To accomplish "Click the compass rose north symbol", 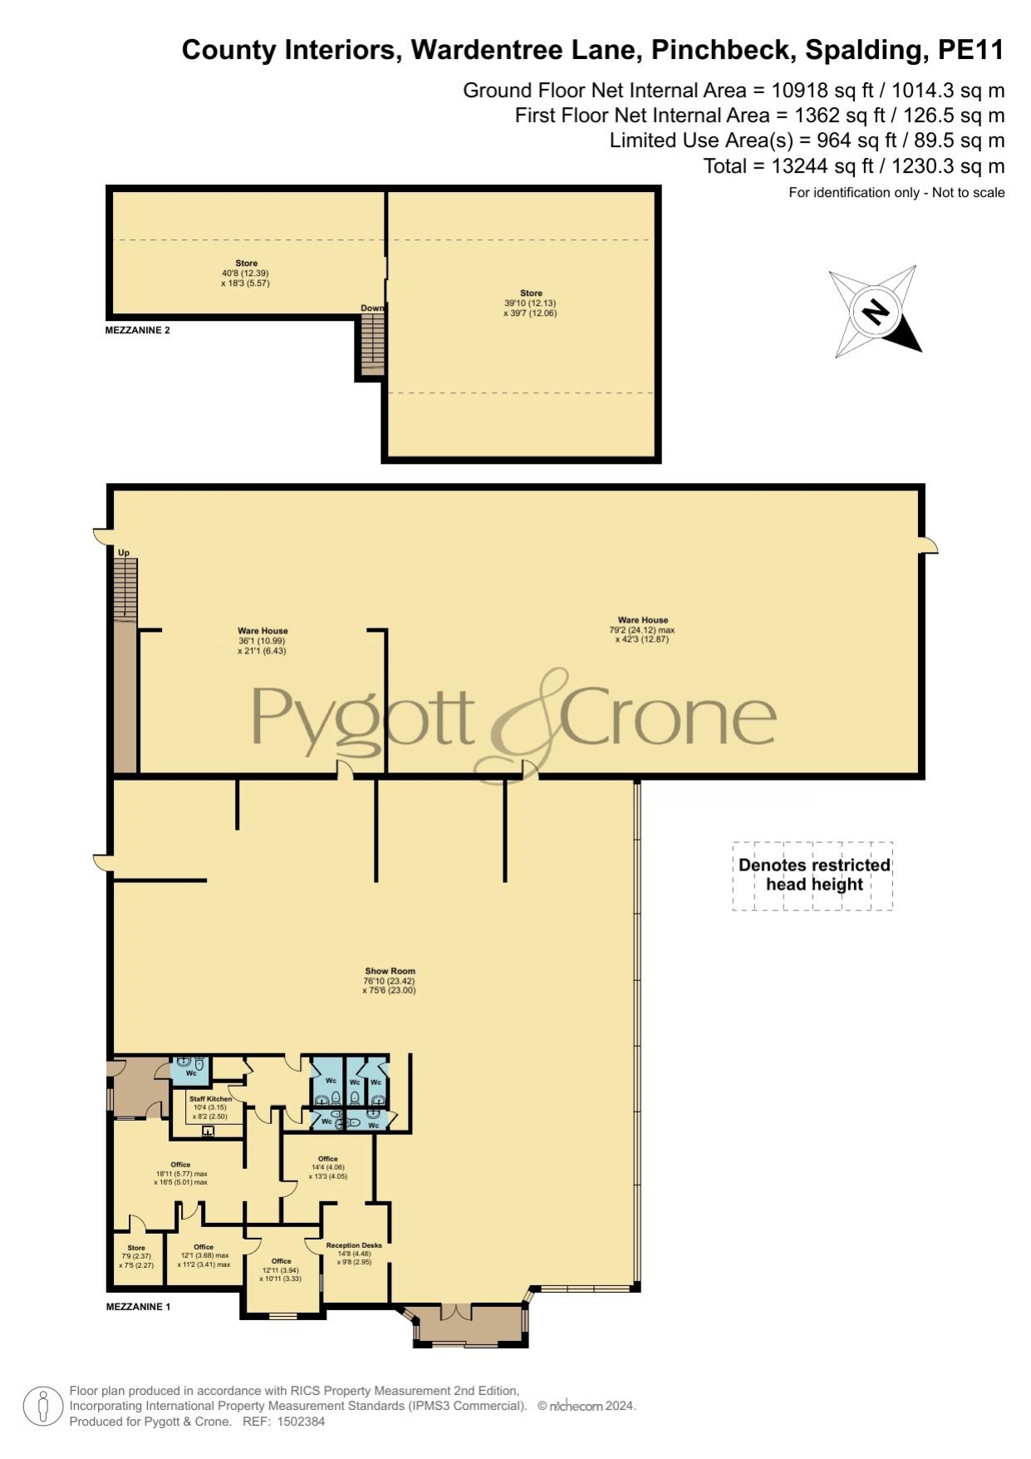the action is click(x=876, y=313).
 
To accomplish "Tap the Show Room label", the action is click(x=390, y=971).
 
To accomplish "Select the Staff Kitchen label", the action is click(x=211, y=1099).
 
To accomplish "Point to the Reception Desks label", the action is click(x=354, y=1245).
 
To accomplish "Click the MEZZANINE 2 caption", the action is click(x=138, y=330).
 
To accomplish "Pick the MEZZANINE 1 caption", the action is click(x=138, y=1307).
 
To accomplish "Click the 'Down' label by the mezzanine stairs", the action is click(x=372, y=308).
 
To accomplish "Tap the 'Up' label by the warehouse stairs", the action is click(x=124, y=553).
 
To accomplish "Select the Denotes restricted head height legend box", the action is click(x=813, y=875).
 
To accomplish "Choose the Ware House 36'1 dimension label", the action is click(x=263, y=641).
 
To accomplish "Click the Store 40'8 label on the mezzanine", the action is click(x=246, y=274).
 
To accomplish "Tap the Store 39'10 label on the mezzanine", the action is click(x=531, y=303).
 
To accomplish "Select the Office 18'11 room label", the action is click(x=180, y=1173).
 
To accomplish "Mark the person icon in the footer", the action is click(x=43, y=1407).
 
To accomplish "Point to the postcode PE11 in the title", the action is click(x=971, y=51).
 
